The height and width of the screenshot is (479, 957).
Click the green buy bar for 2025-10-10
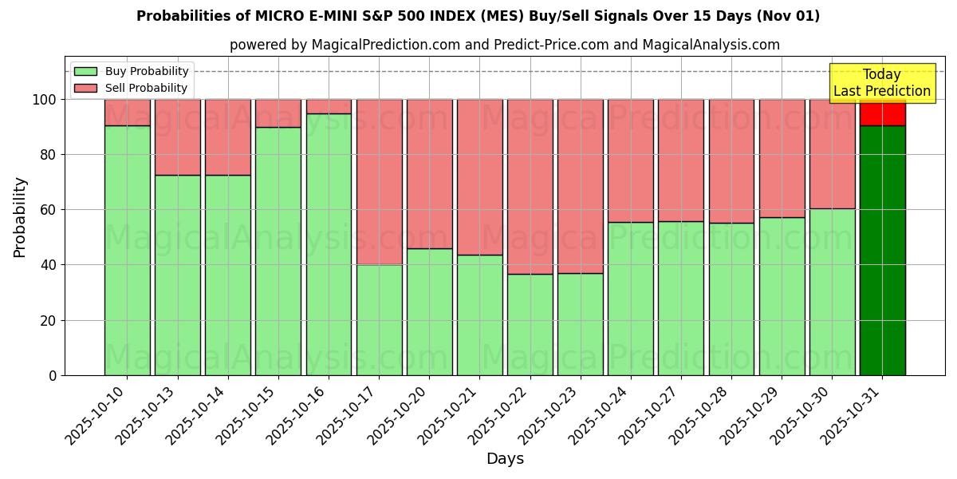click(127, 250)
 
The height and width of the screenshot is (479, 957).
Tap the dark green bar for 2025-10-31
click(882, 250)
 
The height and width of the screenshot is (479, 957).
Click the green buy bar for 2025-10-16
click(329, 244)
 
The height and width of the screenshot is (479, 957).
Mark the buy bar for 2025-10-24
click(630, 299)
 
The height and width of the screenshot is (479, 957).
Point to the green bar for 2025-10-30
click(832, 291)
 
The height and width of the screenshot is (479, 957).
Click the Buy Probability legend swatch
click(85, 71)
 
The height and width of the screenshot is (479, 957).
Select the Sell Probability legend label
click(146, 88)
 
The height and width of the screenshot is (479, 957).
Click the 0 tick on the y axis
click(53, 375)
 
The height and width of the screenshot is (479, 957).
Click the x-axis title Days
click(505, 459)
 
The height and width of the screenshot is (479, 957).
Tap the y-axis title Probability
click(20, 216)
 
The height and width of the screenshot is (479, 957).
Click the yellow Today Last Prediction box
click(882, 83)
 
